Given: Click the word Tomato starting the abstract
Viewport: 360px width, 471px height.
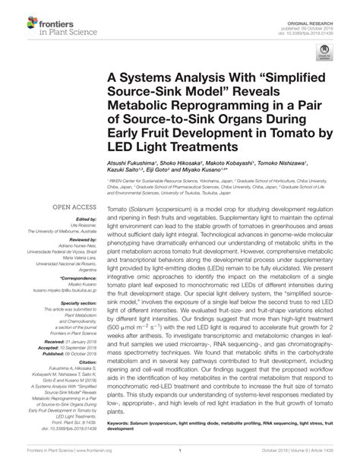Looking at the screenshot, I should pos(118,207).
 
